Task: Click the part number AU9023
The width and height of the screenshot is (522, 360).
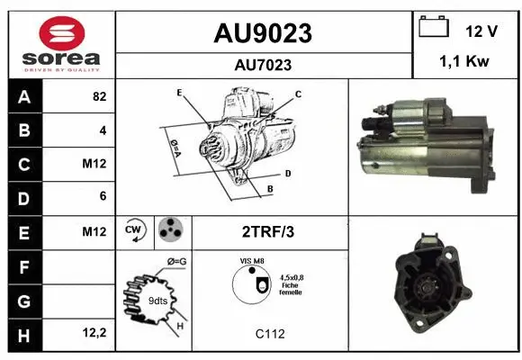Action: coord(263,33)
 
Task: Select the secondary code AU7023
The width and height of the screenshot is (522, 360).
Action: coord(263,65)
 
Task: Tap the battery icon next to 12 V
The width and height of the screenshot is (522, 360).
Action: coord(434,28)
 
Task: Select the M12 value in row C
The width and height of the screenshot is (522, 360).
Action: coord(95,165)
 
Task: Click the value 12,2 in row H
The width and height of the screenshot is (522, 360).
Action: coord(94,333)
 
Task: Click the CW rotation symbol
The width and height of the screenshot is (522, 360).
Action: coord(135,230)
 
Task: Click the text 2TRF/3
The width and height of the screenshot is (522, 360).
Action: coord(268,231)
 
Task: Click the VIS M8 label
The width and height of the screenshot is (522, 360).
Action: coord(252,261)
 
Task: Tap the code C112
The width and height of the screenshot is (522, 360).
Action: coord(269,334)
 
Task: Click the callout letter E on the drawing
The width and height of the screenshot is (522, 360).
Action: coord(180,93)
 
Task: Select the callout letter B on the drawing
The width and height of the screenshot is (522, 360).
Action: coord(269,189)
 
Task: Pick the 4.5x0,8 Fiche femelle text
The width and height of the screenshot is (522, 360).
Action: coord(291,284)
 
